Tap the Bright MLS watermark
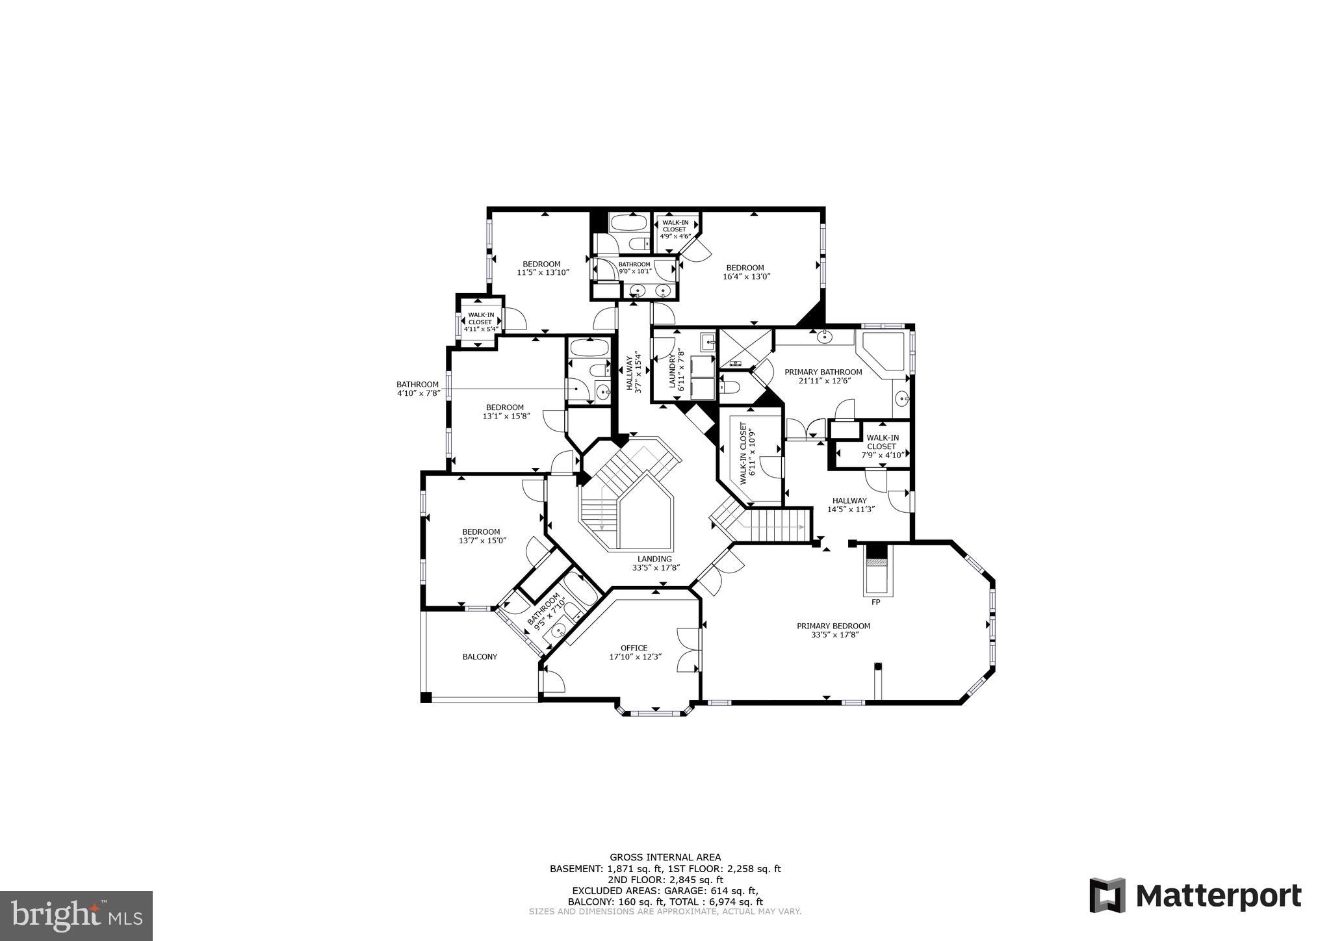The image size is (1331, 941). coord(77,916)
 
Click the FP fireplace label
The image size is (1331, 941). coord(875,602)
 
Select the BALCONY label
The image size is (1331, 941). coord(480,657)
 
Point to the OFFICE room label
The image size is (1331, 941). coord(634,648)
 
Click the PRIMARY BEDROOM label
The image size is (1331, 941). coord(833,626)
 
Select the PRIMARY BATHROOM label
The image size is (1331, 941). coord(823,372)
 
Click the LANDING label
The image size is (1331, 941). coord(654,559)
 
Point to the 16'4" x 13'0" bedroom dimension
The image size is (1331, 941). coord(745,276)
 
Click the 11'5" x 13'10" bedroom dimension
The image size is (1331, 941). coord(543,272)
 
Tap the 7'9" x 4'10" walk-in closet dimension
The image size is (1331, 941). coord(882,454)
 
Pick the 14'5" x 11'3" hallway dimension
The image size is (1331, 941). coord(850,509)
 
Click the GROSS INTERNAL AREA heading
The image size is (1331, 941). coord(665,857)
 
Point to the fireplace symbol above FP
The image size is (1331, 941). coord(877,570)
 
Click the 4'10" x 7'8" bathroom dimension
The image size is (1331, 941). coord(418,393)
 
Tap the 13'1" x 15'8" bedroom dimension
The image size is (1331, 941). coord(504,416)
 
